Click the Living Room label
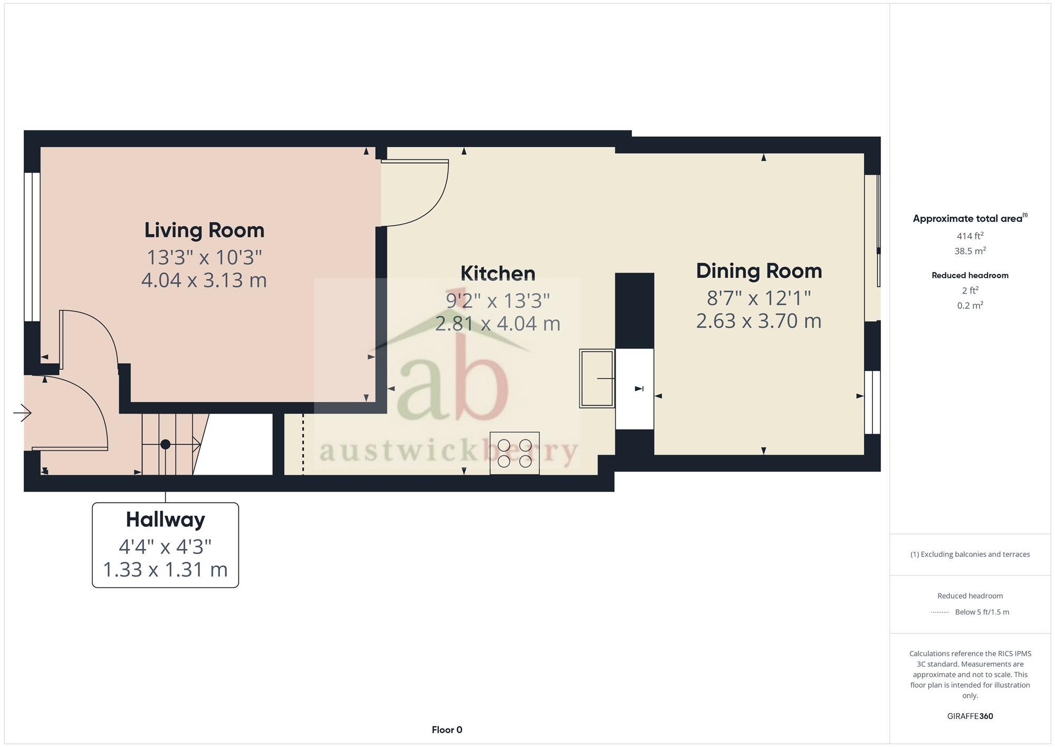204,230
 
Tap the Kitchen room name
497,273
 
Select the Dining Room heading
759,271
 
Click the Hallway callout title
165,519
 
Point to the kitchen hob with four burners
514,453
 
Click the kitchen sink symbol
597,378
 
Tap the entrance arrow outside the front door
22,413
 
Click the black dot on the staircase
165,445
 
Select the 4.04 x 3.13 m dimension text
204,280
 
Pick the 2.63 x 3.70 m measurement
759,321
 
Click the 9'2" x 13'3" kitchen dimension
497,300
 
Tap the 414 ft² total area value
970,236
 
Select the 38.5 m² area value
970,251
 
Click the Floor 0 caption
447,730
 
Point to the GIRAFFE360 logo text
970,716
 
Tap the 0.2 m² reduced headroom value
970,306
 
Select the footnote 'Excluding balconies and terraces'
970,554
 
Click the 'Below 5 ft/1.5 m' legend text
982,612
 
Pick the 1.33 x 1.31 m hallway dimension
165,570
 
